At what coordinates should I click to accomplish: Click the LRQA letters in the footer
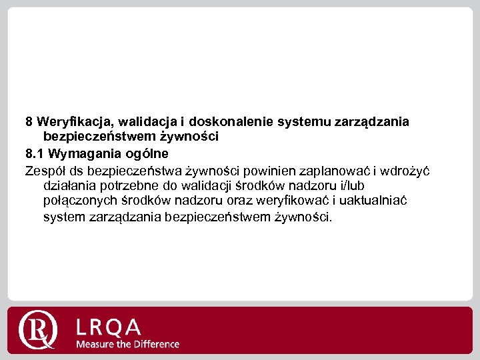coord(109,327)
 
